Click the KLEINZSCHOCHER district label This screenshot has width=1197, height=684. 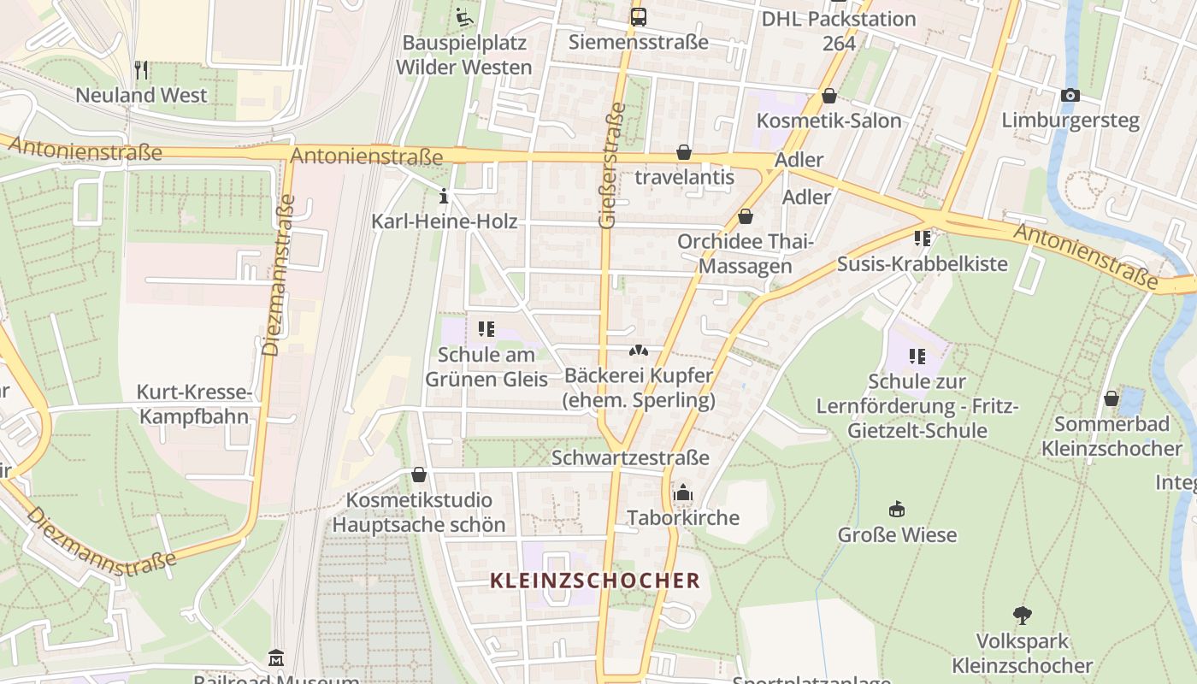595,581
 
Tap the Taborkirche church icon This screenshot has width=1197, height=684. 682,492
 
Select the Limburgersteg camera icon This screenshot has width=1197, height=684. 1070,95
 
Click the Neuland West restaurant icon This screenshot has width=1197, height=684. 142,69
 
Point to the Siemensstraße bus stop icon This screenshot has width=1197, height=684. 639,16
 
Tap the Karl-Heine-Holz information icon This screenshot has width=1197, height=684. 443,196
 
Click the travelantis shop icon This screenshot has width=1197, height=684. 684,152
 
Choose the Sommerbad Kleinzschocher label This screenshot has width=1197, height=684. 1111,436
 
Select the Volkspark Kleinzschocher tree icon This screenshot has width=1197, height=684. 1022,615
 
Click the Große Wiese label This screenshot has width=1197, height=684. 897,535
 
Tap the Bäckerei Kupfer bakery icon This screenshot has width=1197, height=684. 639,351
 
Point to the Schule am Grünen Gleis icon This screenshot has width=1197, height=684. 486,328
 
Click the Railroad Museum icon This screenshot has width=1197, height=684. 276,657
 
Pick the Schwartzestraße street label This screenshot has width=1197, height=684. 630,457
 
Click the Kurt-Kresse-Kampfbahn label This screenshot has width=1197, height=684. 194,404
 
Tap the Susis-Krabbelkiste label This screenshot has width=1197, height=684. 923,263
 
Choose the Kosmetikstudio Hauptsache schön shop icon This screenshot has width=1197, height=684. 419,474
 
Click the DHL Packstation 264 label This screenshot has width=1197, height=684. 838,30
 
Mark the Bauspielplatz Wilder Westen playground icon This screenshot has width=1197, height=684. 464,15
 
